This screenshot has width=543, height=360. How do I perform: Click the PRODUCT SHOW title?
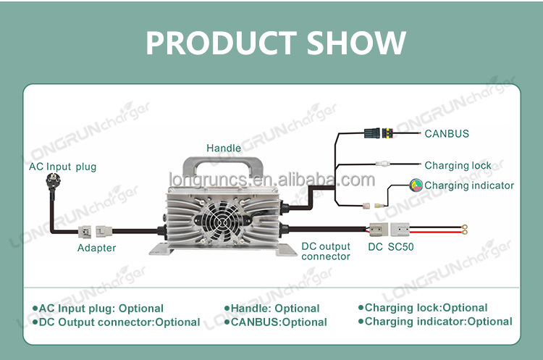tap(276, 43)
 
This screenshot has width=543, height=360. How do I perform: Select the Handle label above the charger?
tap(224, 148)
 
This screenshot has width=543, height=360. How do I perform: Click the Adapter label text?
tap(96, 248)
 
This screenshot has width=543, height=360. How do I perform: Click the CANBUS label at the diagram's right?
tap(447, 133)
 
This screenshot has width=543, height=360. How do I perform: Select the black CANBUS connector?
tap(379, 133)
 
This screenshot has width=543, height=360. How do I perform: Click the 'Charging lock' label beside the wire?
tap(458, 165)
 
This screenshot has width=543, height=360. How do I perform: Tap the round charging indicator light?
tap(416, 185)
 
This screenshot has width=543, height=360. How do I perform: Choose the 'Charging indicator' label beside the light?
tap(469, 185)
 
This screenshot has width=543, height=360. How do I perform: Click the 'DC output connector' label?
tap(326, 251)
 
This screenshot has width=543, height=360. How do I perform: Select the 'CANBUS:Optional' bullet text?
tap(275, 322)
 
